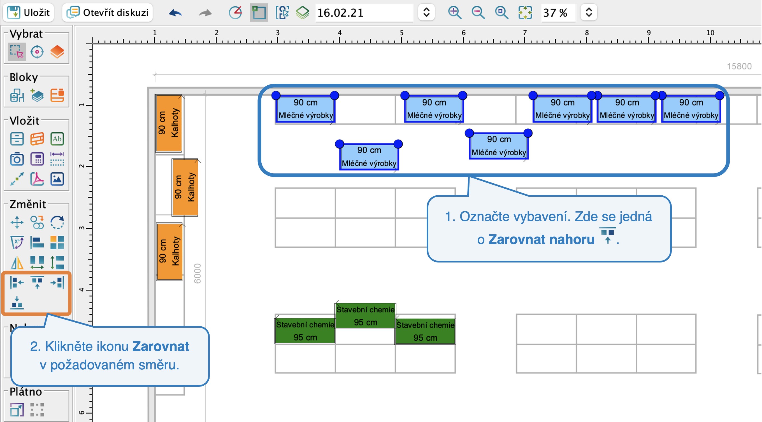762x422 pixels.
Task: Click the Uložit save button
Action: point(28,12)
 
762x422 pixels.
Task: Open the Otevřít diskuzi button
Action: point(107,12)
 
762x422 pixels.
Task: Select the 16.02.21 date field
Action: point(364,13)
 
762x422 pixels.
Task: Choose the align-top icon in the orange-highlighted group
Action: point(37,282)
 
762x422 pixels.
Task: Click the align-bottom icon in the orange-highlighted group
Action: point(17,303)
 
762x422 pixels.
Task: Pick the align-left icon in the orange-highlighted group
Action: point(17,282)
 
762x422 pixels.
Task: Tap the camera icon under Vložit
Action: point(17,159)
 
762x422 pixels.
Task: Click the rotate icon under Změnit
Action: point(57,222)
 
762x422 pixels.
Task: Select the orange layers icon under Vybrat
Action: point(57,52)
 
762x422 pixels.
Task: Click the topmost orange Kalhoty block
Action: point(169,123)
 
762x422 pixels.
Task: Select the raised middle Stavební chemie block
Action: point(366,316)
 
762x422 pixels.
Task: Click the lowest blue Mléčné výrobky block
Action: point(369,157)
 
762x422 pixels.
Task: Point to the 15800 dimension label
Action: point(739,66)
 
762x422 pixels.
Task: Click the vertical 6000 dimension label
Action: point(197,273)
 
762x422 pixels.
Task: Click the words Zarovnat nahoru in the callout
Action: point(541,239)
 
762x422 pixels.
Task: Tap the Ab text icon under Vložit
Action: point(57,139)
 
